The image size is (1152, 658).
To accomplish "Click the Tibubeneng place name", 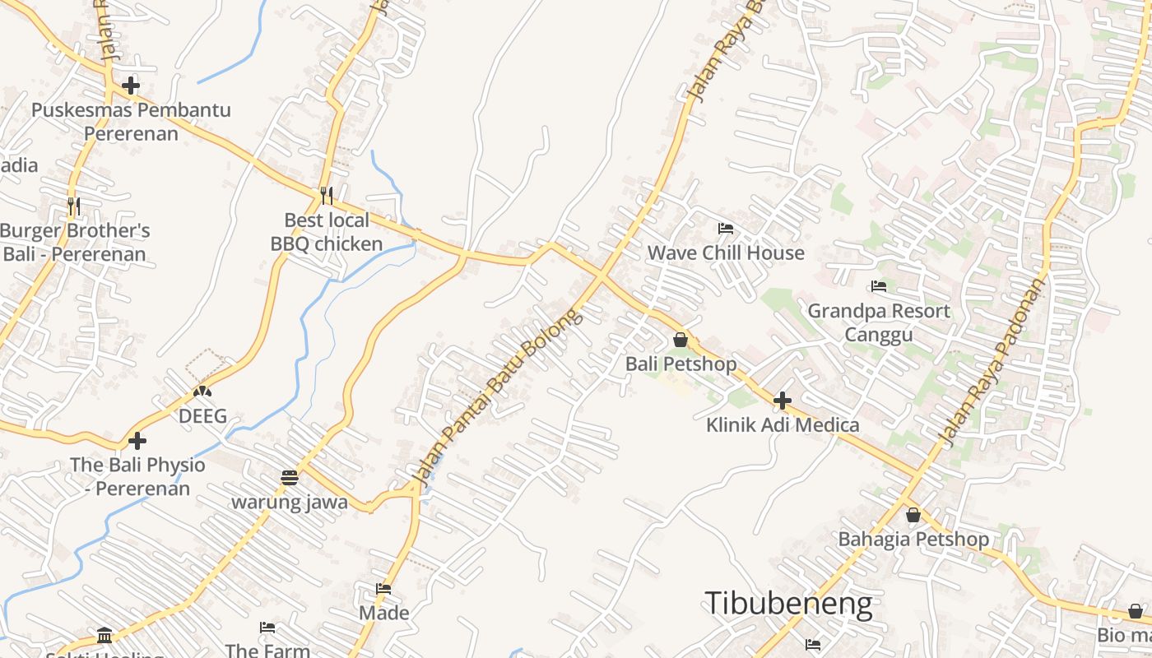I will pos(788,604).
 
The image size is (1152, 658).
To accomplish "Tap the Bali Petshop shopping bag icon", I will pos(681,339).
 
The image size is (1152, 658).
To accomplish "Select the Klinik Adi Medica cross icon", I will pos(783,401).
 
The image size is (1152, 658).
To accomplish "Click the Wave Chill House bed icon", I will pos(725,229).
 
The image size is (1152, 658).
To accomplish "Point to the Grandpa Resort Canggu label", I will pos(878,322).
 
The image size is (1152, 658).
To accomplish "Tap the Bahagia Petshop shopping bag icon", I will pos(913,516).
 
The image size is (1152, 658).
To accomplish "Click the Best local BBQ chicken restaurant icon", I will pos(327,195).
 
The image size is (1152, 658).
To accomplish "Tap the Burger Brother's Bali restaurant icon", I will pos(73,205).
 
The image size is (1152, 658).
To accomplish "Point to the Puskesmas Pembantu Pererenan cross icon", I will pos(131,85).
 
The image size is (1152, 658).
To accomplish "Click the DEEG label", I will pos(202,416).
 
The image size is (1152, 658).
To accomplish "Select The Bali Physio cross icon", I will pos(137,441).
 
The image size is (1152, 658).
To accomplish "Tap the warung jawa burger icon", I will pos(289,477).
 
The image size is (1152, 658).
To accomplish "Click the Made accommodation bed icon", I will pos(383,589).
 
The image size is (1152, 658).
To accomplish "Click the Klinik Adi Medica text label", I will pos(783,425).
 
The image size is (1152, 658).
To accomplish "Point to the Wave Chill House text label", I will pos(726,253).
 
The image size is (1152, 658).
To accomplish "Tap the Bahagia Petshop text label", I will pos(913,540).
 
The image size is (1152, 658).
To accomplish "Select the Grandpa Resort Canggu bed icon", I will pos(879,286).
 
